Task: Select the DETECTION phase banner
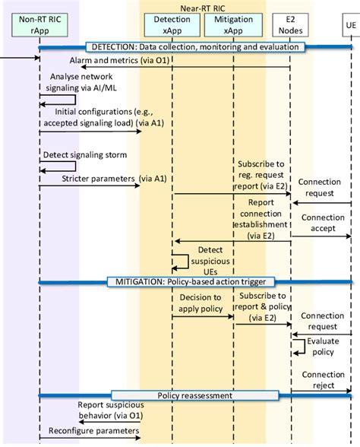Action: tap(194, 47)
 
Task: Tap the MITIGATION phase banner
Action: tap(193, 281)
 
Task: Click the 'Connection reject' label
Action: tap(323, 380)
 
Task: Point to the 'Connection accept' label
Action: tap(323, 223)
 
